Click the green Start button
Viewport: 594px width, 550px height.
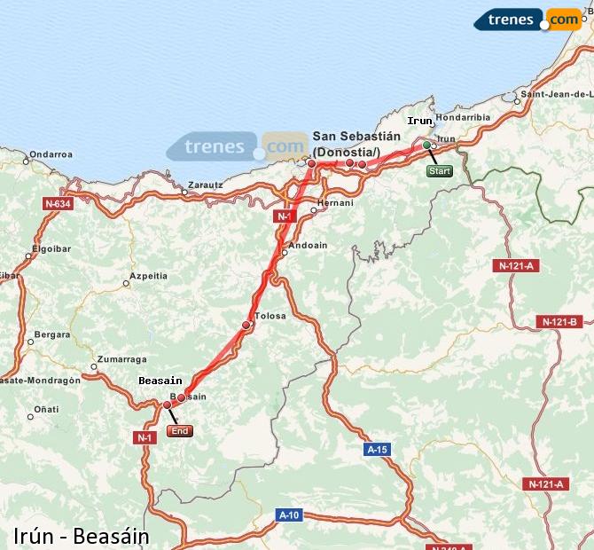click(x=440, y=170)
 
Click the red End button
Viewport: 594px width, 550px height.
click(x=178, y=431)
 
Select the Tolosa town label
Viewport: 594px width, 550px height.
click(x=270, y=316)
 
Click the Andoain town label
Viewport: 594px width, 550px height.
click(x=309, y=245)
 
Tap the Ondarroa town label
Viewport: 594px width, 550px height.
click(x=50, y=153)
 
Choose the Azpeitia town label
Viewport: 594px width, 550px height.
click(x=148, y=276)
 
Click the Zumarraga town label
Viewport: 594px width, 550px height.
click(x=121, y=359)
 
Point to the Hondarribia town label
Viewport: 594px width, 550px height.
click(x=463, y=116)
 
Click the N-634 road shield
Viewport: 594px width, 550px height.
click(x=57, y=203)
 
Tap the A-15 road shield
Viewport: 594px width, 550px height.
click(x=377, y=450)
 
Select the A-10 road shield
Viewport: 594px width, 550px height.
click(x=289, y=515)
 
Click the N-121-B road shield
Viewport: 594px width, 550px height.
click(x=559, y=321)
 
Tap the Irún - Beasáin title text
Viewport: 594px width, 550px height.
click(x=82, y=536)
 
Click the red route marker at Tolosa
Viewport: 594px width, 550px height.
click(x=246, y=326)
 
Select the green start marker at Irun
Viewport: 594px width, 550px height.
click(x=426, y=145)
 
